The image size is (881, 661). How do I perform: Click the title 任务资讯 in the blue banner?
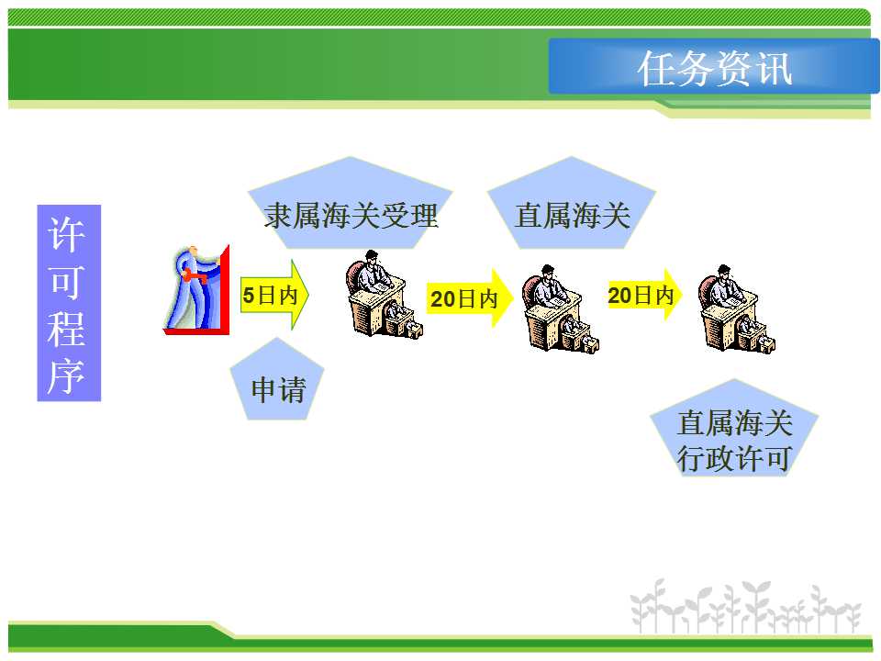(715, 69)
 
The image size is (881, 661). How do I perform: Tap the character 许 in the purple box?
(67, 234)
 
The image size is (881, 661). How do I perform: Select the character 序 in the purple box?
(67, 376)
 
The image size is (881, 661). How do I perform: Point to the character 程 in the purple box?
(67, 329)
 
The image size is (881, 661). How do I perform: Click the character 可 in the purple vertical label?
(67, 282)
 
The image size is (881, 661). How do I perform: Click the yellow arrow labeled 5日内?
(274, 295)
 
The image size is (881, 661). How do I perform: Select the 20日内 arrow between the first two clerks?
(469, 297)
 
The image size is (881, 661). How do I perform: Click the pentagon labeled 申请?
(277, 379)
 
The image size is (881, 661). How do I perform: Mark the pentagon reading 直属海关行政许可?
(734, 429)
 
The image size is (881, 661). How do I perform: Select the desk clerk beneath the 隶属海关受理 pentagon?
(385, 295)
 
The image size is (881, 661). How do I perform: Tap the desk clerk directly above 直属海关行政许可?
(737, 309)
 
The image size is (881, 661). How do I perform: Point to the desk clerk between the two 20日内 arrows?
(560, 309)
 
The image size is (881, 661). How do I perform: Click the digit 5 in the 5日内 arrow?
(249, 295)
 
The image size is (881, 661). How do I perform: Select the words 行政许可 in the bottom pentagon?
(734, 458)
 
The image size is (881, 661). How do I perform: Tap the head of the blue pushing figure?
(193, 251)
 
